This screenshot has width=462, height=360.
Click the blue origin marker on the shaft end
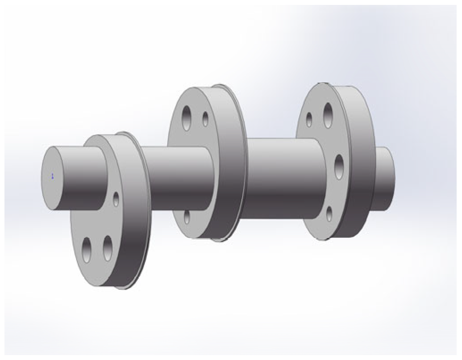coord(52,176)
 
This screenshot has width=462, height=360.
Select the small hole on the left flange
coord(116,199)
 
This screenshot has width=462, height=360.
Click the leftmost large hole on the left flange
coord(87,250)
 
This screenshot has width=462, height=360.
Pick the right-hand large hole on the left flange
coord(108,248)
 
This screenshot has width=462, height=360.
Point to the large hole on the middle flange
coord(187,118)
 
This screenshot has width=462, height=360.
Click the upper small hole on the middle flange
coord(205,119)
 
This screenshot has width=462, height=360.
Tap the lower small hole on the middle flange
coord(187,217)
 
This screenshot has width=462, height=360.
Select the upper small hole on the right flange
coord(309,119)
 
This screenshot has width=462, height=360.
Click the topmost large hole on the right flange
coord(328,115)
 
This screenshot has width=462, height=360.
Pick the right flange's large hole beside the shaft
coord(339,167)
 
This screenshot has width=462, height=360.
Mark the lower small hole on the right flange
coord(329,214)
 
